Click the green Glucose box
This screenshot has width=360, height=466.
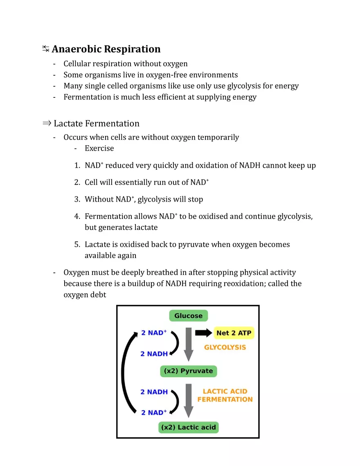[189, 316]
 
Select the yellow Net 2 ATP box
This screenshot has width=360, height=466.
[234, 333]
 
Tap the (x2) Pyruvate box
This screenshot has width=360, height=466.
[188, 371]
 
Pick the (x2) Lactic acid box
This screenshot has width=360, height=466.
[188, 428]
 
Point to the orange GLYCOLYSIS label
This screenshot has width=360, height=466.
[225, 347]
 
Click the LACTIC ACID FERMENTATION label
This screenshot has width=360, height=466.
[225, 395]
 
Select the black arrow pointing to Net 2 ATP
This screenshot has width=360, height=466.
[203, 333]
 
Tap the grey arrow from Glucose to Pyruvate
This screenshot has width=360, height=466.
[188, 344]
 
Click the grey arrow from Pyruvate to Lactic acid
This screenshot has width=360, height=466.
[188, 400]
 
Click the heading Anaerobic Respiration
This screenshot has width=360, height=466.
[106, 49]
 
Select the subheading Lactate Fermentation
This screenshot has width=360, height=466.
[97, 124]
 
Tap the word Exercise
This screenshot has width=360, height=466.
[99, 148]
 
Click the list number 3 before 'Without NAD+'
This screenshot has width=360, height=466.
[77, 199]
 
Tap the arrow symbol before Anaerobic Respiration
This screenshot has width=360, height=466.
[45, 49]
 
